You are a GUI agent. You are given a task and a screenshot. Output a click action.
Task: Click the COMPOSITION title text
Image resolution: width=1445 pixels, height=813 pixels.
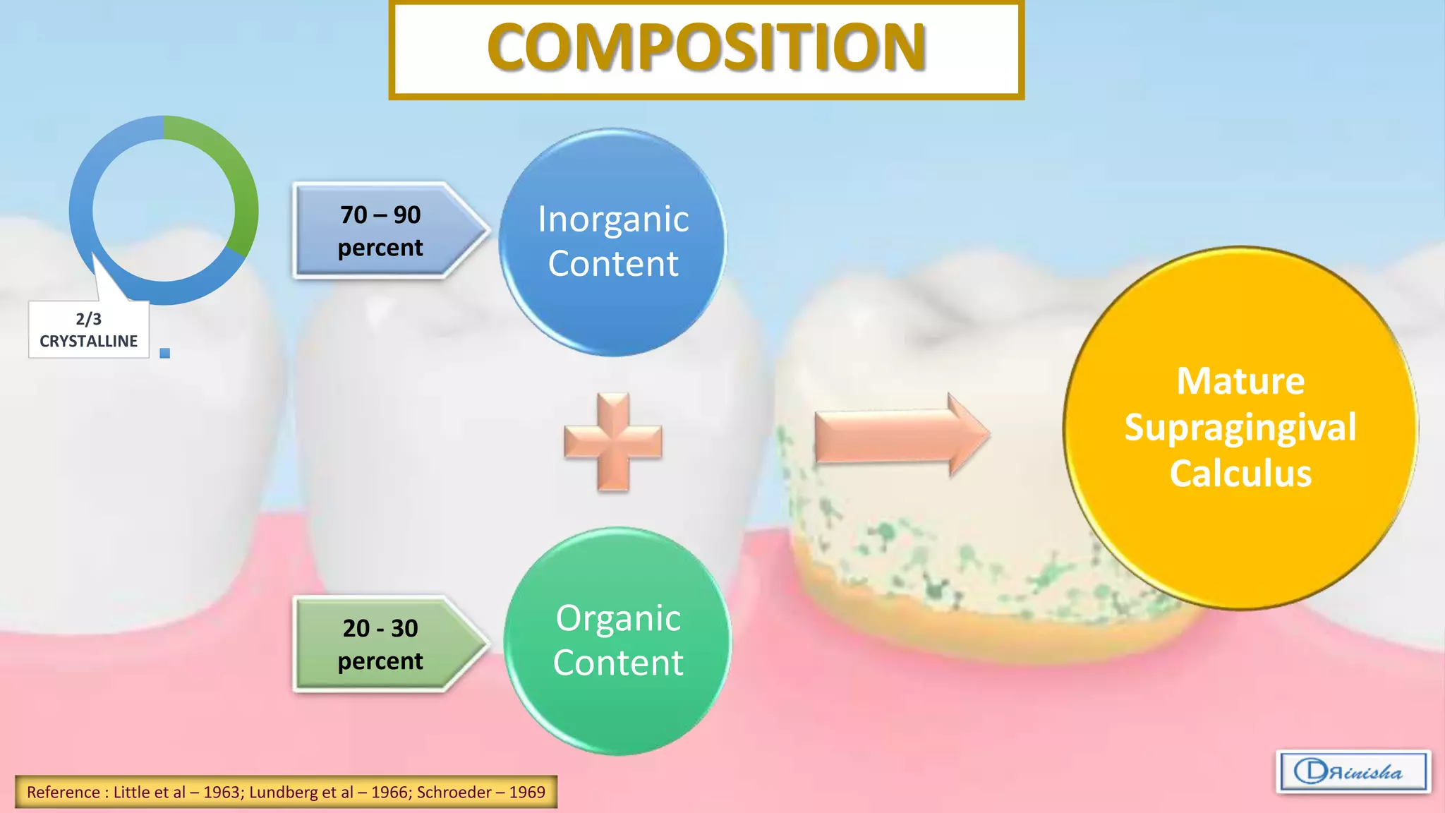[x=706, y=48]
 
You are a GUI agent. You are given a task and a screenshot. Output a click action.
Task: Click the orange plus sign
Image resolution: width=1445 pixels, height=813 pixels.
[x=613, y=442]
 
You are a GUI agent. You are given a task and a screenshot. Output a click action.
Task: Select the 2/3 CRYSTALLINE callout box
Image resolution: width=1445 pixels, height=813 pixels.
[x=89, y=330]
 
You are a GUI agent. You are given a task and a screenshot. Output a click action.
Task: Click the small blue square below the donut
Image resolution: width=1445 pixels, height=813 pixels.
[x=165, y=353]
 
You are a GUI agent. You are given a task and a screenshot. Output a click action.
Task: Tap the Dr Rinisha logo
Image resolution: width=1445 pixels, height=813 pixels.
[x=1353, y=771]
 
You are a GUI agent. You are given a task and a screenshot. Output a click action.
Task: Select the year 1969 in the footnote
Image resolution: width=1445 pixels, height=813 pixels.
[x=527, y=793]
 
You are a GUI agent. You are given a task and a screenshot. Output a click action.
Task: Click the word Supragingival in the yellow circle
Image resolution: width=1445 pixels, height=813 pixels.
[x=1240, y=428]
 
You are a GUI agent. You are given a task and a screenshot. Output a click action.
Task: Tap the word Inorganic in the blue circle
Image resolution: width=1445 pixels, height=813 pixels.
[x=613, y=219]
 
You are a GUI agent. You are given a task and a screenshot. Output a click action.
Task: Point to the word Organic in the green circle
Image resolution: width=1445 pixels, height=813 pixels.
[x=618, y=618]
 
